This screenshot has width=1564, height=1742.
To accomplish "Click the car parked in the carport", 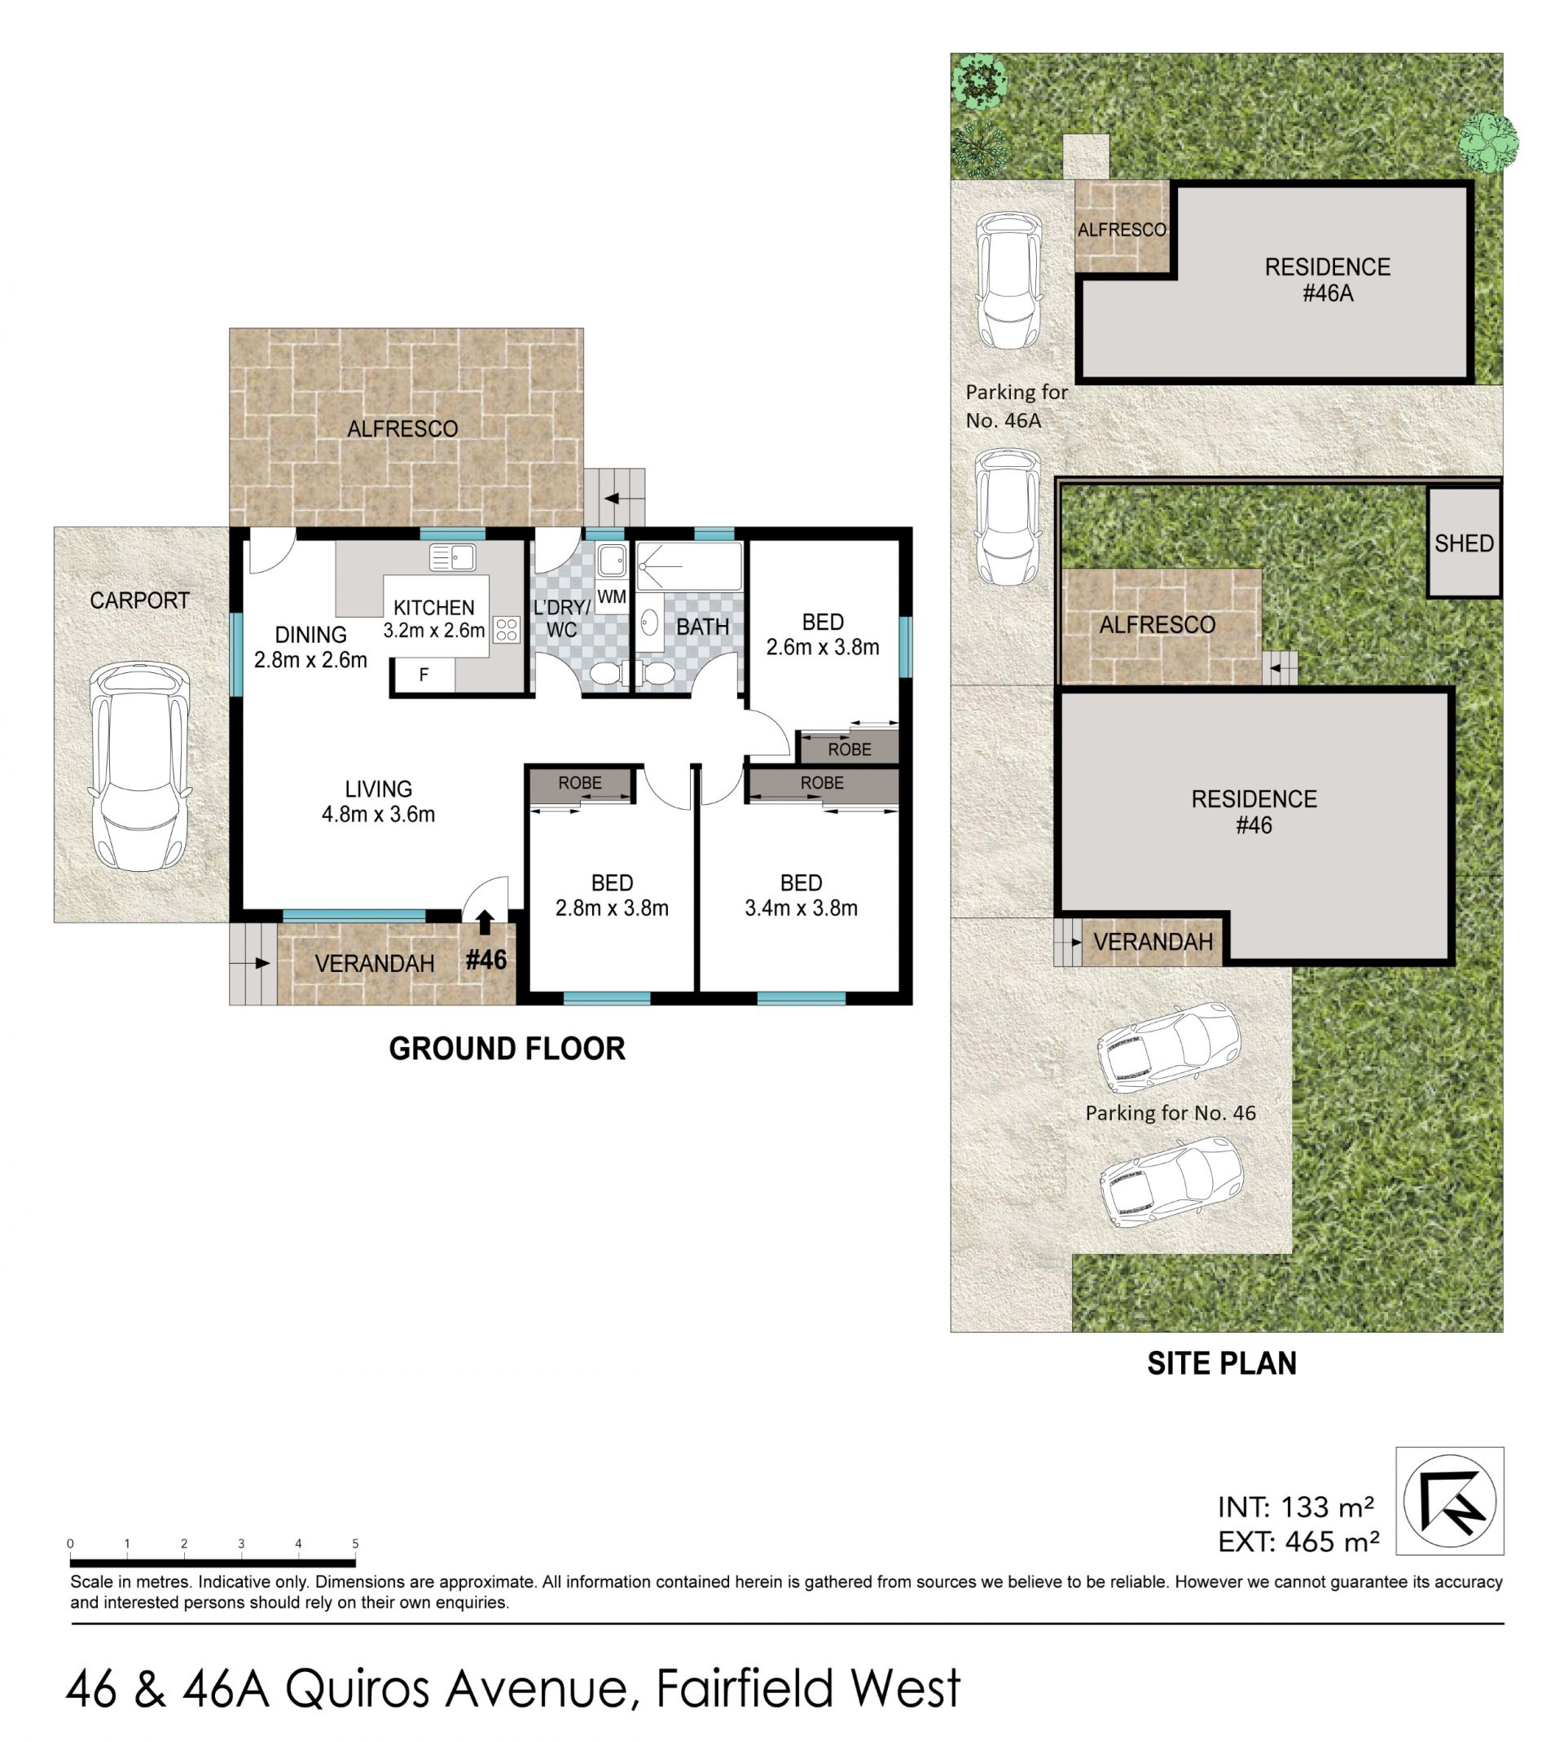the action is (x=139, y=767).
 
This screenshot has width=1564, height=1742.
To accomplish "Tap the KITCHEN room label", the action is (x=434, y=608).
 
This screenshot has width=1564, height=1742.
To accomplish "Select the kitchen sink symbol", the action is (x=452, y=558).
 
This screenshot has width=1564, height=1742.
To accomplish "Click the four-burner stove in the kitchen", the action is (x=506, y=629).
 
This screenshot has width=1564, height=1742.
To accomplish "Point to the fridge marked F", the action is (x=424, y=675).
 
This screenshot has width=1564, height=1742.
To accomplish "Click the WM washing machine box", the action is (x=611, y=596).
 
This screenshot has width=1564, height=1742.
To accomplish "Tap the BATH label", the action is (x=702, y=627).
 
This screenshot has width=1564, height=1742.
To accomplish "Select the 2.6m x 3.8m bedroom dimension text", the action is (x=823, y=647).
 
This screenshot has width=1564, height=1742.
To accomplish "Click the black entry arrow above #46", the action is (x=485, y=922).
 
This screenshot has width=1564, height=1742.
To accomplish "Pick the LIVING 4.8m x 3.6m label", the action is (x=378, y=801).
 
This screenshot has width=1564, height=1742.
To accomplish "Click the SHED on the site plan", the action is (x=1464, y=543).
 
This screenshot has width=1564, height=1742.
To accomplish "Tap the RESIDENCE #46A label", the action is (x=1327, y=280).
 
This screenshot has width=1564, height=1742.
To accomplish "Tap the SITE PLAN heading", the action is (x=1221, y=1363).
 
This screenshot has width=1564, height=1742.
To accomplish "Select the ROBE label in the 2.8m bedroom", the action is (x=580, y=783).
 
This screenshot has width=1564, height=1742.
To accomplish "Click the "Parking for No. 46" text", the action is (x=1171, y=1113).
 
